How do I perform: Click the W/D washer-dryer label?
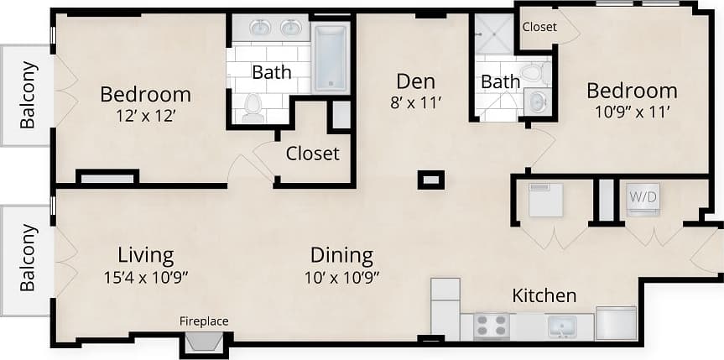[643, 198]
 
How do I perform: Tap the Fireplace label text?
[204, 321]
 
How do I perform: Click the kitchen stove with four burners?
[492, 326]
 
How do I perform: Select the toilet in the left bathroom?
[253, 107]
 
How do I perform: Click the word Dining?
[341, 255]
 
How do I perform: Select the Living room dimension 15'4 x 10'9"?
[147, 276]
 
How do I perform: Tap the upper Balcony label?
[28, 95]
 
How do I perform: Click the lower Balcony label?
[28, 257]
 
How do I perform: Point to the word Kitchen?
[544, 295]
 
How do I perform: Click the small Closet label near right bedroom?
[539, 27]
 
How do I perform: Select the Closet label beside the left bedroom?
[312, 154]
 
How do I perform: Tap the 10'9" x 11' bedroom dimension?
[631, 112]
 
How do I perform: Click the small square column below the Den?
[430, 180]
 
